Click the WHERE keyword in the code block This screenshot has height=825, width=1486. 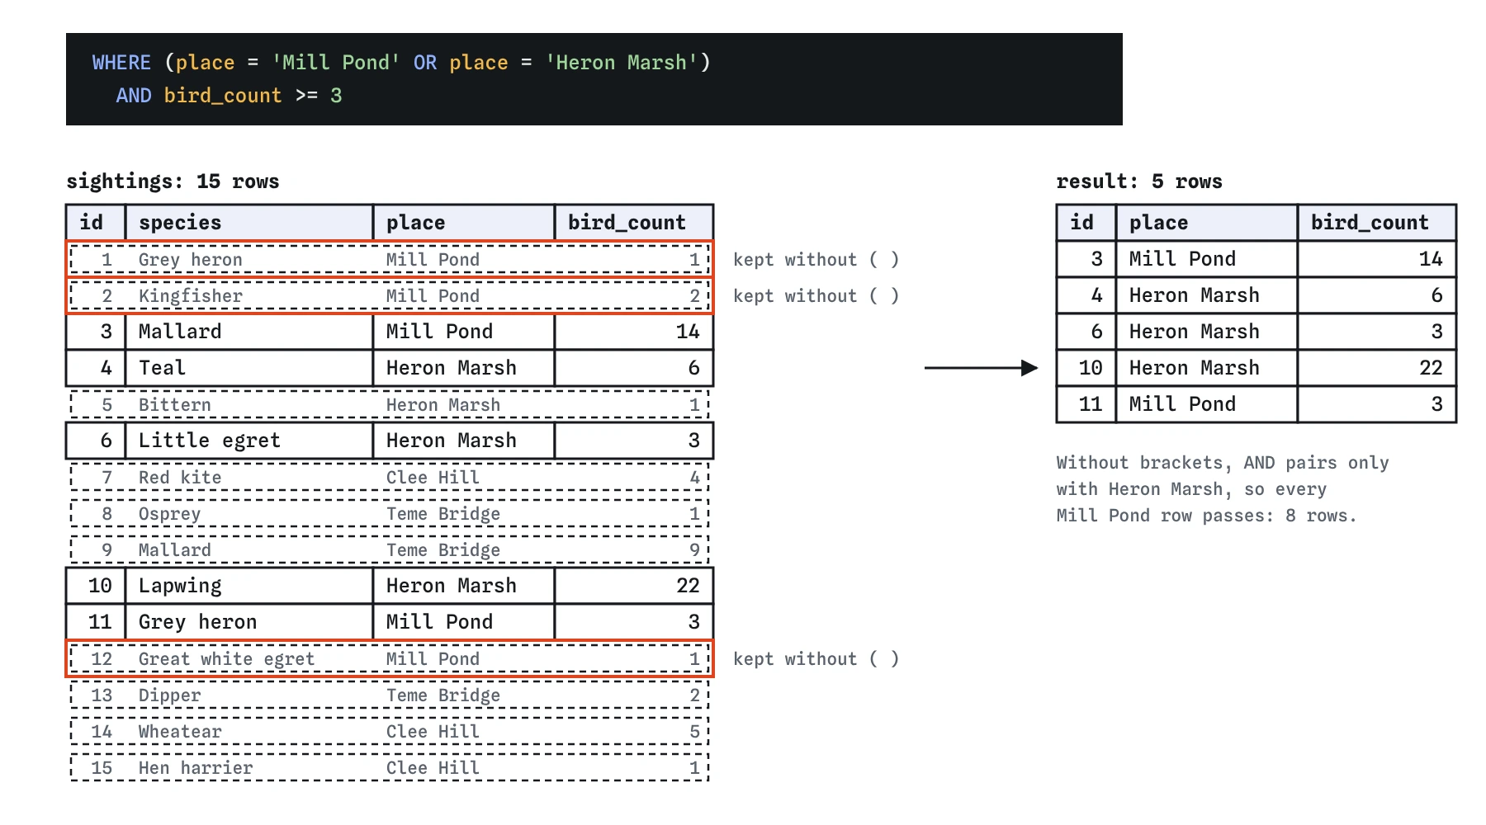(121, 63)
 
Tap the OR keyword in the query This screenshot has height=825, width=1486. (425, 63)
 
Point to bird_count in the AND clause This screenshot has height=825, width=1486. (223, 96)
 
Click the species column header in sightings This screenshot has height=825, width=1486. (180, 223)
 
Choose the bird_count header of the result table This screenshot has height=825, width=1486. (1370, 223)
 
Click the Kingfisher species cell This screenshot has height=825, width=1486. (191, 296)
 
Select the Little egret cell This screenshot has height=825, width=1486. (210, 441)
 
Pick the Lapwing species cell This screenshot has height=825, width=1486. (180, 586)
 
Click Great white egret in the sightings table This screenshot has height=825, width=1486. (226, 659)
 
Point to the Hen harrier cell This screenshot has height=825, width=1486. (196, 768)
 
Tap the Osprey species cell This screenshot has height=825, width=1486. (169, 514)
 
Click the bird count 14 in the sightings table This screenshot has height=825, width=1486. (688, 332)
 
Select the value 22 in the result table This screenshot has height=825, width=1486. (1431, 368)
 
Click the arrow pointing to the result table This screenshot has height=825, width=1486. (981, 368)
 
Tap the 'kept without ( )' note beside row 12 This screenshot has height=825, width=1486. (816, 659)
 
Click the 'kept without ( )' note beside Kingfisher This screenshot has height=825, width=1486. (816, 296)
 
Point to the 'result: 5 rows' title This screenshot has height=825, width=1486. (1139, 181)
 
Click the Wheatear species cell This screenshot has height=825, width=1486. (180, 732)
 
